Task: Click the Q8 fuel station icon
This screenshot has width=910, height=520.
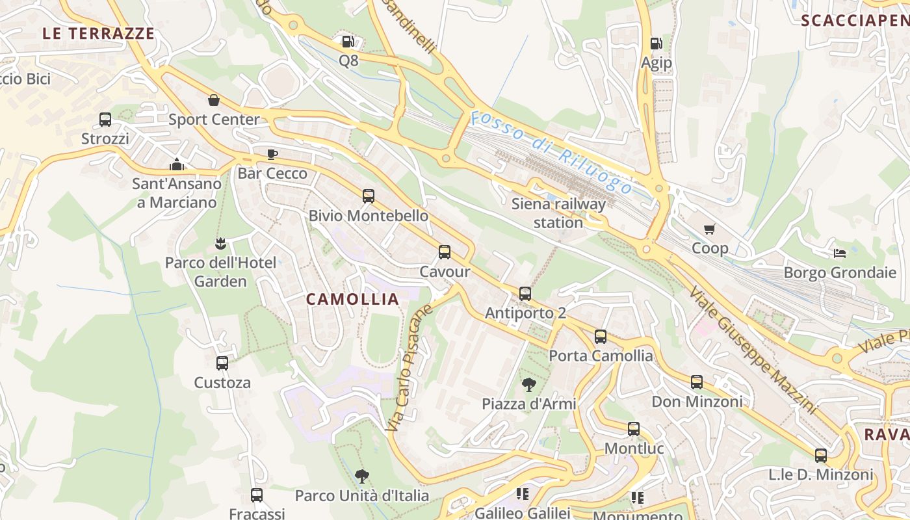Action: click(348, 42)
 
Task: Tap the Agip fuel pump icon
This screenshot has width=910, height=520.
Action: click(656, 44)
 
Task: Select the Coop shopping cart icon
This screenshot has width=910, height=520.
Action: click(709, 229)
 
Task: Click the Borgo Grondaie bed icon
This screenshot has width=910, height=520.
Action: click(840, 253)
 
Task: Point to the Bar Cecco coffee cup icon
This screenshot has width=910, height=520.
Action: click(272, 154)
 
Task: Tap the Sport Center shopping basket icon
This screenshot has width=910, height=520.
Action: click(213, 100)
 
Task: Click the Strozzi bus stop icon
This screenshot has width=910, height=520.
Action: click(105, 120)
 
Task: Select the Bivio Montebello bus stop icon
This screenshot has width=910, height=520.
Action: click(369, 196)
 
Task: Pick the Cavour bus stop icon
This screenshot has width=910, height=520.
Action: click(445, 252)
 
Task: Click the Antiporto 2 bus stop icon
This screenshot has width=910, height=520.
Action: click(525, 294)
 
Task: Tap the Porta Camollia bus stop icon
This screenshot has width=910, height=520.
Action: click(601, 337)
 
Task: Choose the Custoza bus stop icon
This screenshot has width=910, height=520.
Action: click(222, 363)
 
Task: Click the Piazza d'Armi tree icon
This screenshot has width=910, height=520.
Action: click(528, 385)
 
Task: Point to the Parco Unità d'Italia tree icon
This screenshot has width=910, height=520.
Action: click(362, 476)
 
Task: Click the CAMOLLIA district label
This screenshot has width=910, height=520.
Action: click(352, 299)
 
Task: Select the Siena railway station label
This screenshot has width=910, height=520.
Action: click(558, 213)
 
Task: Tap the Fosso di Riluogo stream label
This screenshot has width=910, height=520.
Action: click(551, 153)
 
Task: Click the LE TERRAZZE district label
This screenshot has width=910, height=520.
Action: click(99, 34)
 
